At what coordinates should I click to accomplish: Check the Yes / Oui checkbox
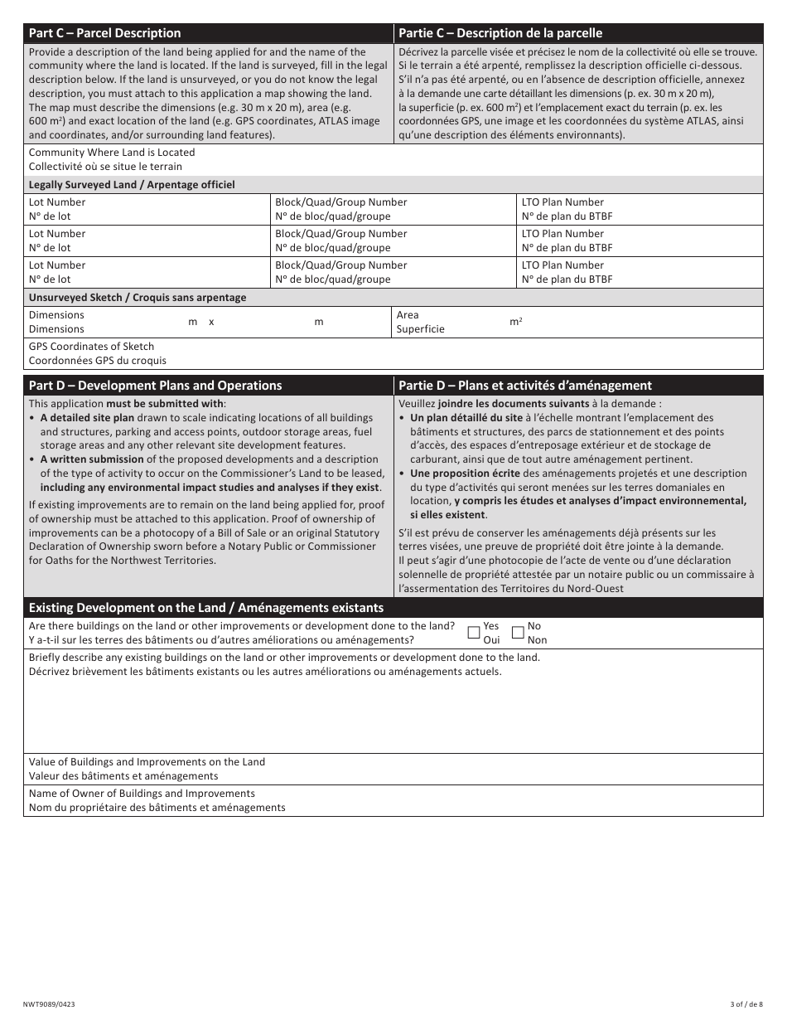(x=475, y=633)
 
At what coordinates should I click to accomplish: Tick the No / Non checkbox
(x=518, y=633)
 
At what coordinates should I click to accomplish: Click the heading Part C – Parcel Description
(x=104, y=33)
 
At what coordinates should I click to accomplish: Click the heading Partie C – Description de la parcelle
(x=500, y=33)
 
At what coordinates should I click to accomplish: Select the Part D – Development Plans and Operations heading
(x=155, y=386)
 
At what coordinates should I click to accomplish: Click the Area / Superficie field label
(x=420, y=322)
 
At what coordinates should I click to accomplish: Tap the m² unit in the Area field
(x=515, y=322)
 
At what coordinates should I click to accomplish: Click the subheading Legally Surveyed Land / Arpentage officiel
(x=132, y=185)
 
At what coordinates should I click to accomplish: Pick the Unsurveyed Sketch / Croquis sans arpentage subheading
(x=138, y=298)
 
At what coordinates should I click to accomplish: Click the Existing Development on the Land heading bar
(x=206, y=608)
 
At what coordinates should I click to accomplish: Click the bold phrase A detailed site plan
(x=87, y=418)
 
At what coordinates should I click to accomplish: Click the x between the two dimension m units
(x=211, y=322)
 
